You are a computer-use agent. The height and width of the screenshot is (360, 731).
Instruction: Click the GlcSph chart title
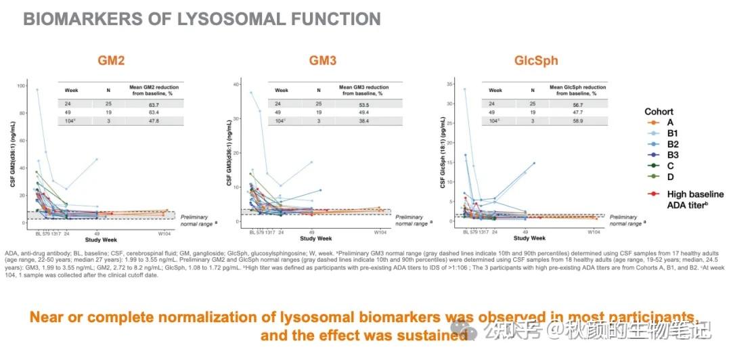[536, 60]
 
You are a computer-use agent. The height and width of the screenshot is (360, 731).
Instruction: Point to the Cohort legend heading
[659, 112]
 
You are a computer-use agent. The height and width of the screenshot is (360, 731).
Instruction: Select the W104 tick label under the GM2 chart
[163, 233]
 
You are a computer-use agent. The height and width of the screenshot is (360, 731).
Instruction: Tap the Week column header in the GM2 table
[71, 89]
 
